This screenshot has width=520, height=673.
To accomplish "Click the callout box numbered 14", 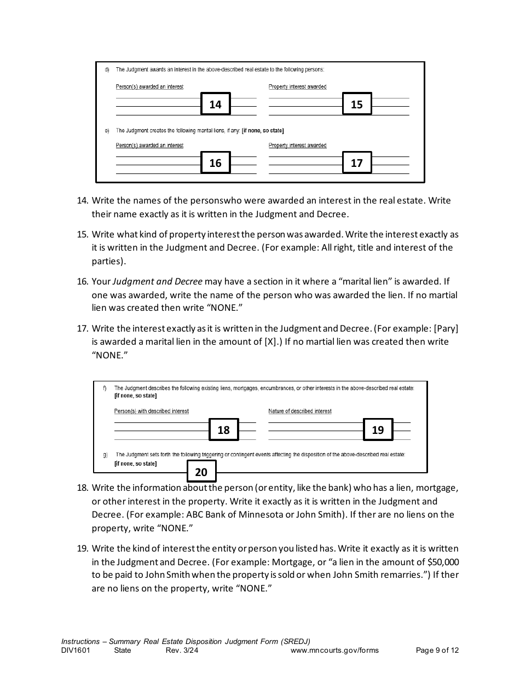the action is (x=215, y=104).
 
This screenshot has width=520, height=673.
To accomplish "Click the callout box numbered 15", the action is (x=356, y=104).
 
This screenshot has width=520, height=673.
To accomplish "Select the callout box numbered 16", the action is (x=215, y=163).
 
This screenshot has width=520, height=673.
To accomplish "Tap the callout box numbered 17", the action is (x=356, y=163).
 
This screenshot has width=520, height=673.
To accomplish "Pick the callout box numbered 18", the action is (x=223, y=430).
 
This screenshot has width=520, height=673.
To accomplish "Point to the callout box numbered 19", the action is (x=378, y=430).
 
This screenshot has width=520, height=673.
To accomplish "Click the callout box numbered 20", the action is (x=201, y=472).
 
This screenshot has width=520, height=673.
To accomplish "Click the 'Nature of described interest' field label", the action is (x=299, y=411).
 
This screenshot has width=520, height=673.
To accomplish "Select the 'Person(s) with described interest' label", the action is (x=151, y=411).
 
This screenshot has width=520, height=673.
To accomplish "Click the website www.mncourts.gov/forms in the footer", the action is (x=334, y=651).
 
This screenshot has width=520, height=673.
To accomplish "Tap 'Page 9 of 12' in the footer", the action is (x=437, y=651).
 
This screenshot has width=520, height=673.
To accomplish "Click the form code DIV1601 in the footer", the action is (x=76, y=651).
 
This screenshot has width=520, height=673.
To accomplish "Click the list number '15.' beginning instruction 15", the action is (x=82, y=234).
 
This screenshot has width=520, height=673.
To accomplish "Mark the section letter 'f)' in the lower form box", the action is (x=105, y=388).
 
